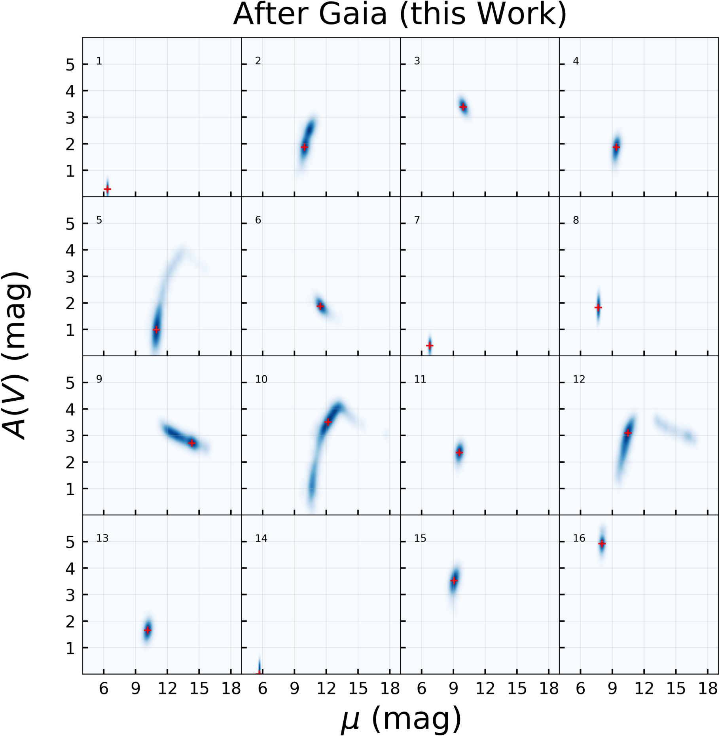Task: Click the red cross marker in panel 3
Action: [x=463, y=107]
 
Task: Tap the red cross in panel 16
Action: [x=602, y=544]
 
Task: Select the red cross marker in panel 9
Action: [x=192, y=443]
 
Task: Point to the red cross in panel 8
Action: [x=598, y=307]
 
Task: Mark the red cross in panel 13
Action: [x=148, y=630]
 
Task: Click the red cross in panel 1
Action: [x=107, y=189]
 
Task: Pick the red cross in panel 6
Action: [x=320, y=306]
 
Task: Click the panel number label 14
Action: [x=261, y=538]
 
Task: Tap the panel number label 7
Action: [x=417, y=220]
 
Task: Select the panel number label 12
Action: [x=579, y=379]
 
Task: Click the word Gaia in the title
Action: [x=352, y=14]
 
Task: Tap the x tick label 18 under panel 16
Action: [x=708, y=688]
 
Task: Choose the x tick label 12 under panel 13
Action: [x=167, y=688]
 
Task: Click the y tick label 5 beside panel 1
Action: [x=70, y=65]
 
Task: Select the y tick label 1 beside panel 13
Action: [x=70, y=648]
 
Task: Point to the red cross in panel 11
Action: [x=459, y=452]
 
